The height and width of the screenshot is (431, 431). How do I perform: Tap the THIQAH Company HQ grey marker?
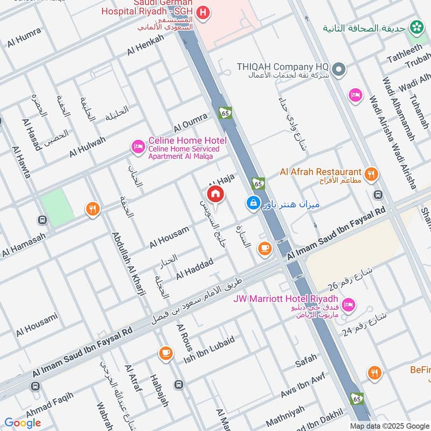pyautogui.click(x=338, y=69)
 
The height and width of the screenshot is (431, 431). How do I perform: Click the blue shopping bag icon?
pyautogui.click(x=252, y=203)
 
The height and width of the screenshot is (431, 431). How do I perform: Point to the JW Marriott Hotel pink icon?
pyautogui.click(x=349, y=305)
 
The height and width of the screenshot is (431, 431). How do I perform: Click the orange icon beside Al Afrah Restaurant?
pyautogui.click(x=371, y=173)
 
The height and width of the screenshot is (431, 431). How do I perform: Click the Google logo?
pyautogui.click(x=23, y=422)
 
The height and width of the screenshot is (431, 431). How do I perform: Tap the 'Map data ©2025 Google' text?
pyautogui.click(x=388, y=426)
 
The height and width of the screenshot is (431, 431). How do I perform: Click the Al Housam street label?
pyautogui.click(x=169, y=237)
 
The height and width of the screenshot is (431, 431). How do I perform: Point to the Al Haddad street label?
pyautogui.click(x=194, y=268)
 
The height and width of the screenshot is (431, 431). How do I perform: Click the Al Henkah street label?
pyautogui.click(x=145, y=45)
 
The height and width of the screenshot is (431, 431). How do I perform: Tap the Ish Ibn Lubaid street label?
pyautogui.click(x=210, y=349)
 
